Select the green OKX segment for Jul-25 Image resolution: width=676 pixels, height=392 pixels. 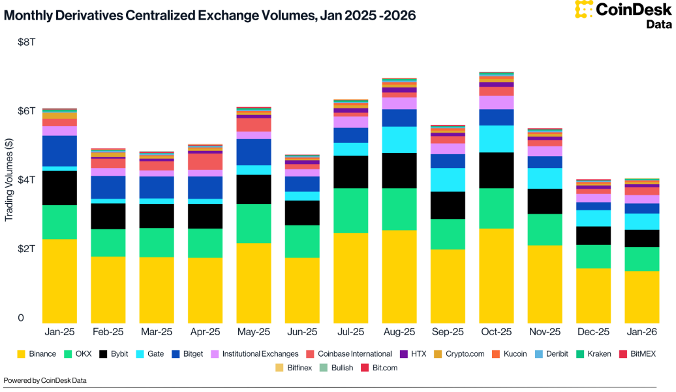351,210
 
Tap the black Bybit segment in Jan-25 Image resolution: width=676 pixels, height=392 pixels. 59,188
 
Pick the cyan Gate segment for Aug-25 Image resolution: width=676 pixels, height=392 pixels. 399,139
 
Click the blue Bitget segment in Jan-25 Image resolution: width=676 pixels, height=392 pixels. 59,151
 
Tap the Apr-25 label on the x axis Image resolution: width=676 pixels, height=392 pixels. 205,332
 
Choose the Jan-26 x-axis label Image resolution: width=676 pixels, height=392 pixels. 641,332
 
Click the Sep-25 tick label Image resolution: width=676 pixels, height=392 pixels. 448,332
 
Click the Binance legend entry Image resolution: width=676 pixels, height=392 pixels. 38,353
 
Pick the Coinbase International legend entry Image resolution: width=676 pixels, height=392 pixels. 349,353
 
